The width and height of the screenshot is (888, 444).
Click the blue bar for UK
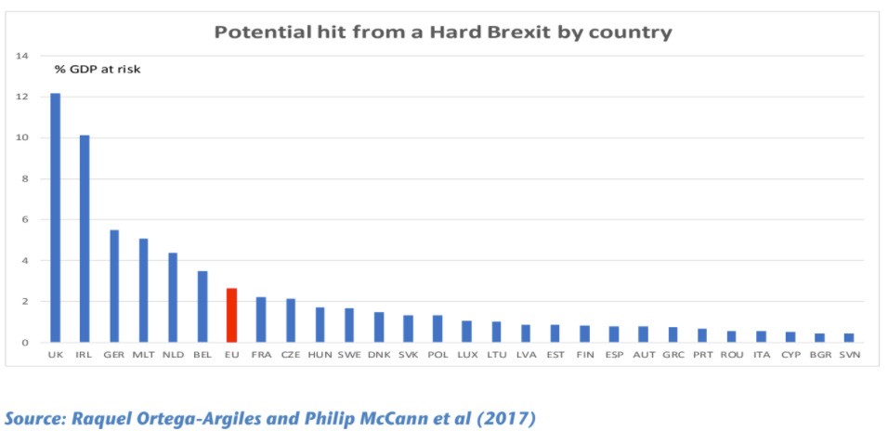55,217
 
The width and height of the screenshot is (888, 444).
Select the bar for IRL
85,239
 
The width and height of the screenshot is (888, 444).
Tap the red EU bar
231,315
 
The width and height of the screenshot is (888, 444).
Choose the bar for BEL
202,307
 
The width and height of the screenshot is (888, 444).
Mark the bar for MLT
143,290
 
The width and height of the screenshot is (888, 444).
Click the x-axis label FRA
261,354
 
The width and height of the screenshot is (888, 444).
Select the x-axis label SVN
848,354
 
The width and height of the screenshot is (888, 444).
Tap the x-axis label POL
437,354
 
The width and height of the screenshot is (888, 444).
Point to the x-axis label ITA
761,354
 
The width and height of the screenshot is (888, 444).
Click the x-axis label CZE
291,354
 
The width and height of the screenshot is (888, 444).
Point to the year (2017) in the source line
508,419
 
